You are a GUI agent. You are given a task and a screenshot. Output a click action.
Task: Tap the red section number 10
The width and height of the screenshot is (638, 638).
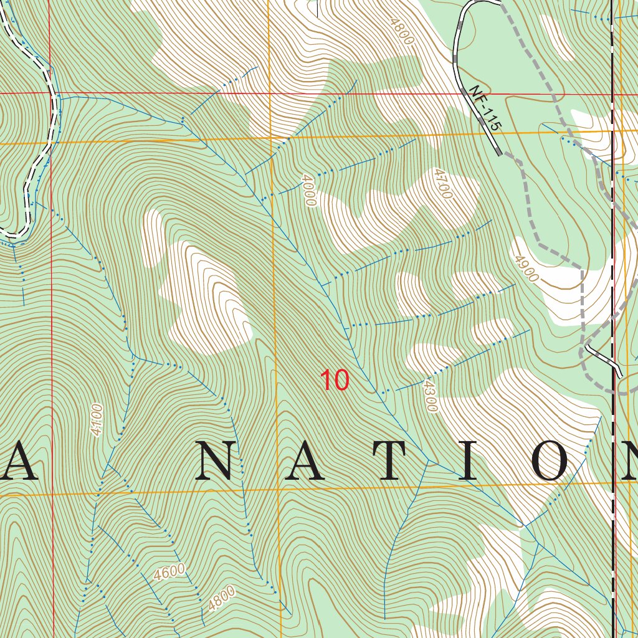(x=334, y=380)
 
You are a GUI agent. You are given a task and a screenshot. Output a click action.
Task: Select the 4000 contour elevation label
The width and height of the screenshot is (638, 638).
(x=308, y=190)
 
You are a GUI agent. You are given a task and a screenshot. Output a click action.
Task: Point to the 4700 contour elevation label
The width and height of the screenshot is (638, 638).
(x=442, y=183)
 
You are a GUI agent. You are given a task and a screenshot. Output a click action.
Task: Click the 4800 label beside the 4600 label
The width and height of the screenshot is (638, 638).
(x=222, y=598)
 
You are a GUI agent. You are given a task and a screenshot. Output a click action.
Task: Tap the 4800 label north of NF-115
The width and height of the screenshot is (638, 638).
(x=401, y=31)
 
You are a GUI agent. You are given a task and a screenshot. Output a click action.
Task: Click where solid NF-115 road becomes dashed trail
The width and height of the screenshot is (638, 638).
(x=500, y=153)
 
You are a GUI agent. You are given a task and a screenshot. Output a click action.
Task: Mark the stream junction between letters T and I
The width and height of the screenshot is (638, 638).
(x=427, y=461)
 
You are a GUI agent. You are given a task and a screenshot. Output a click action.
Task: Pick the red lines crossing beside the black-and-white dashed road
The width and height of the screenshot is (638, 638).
(x=51, y=93)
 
